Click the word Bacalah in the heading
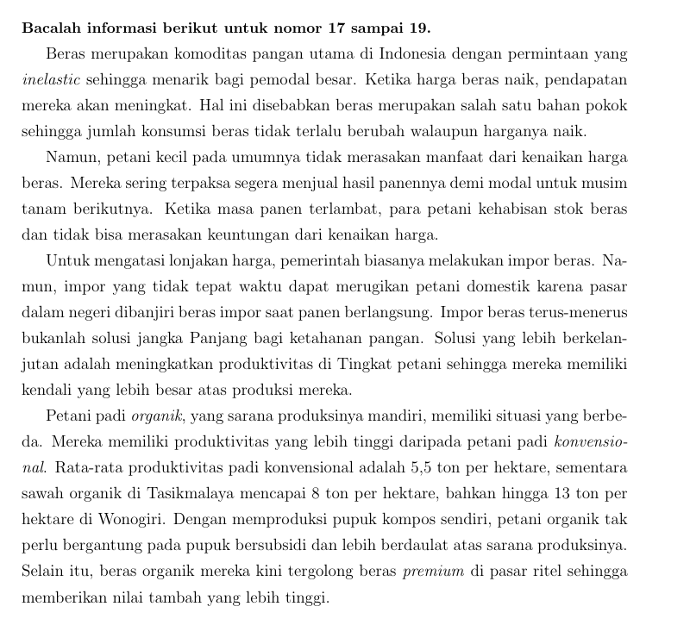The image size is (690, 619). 51,28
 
